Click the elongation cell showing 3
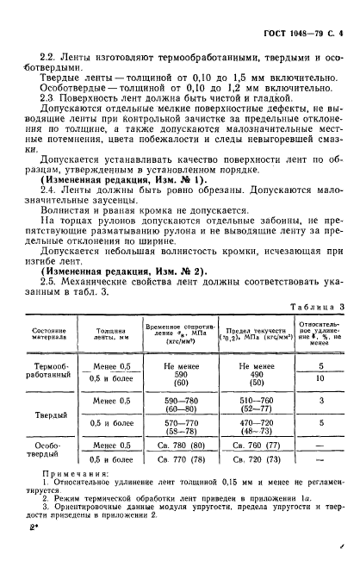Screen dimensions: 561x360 coord(320,401)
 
